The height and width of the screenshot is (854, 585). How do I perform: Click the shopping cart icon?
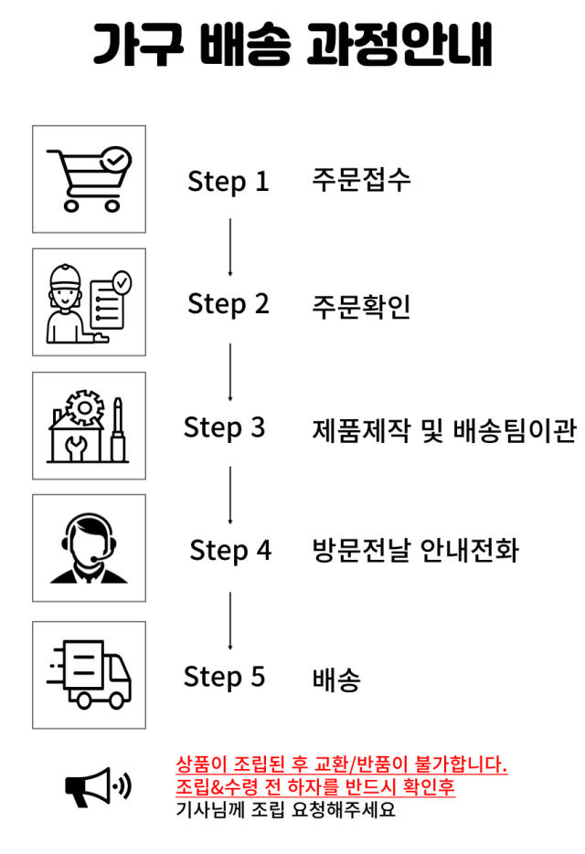[89, 179]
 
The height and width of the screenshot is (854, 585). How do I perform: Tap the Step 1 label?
[229, 181]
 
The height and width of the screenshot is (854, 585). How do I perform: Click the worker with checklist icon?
[89, 302]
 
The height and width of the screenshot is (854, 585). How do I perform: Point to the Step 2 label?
[229, 304]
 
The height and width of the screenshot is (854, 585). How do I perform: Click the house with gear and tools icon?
[89, 426]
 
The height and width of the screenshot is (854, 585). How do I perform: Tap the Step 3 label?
[225, 427]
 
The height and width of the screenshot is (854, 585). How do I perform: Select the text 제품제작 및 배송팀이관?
[444, 428]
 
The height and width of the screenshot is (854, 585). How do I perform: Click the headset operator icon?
[89, 549]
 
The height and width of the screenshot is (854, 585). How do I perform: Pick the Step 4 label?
[230, 551]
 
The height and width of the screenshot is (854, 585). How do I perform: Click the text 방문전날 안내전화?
[415, 551]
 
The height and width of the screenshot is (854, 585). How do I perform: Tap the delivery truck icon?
[89, 675]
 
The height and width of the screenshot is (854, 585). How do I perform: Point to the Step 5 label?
[225, 677]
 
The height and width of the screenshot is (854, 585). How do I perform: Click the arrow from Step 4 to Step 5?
[229, 620]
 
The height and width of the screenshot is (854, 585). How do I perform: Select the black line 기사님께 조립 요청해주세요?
[285, 809]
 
